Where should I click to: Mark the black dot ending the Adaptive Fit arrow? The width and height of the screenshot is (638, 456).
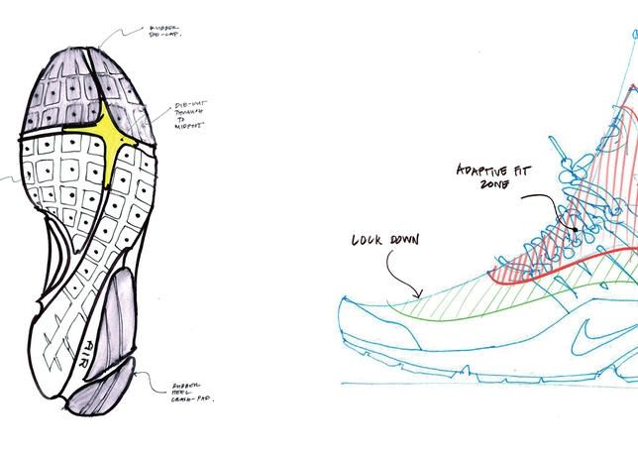point(573,230)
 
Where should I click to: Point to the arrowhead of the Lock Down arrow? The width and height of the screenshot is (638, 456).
point(421,293)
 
